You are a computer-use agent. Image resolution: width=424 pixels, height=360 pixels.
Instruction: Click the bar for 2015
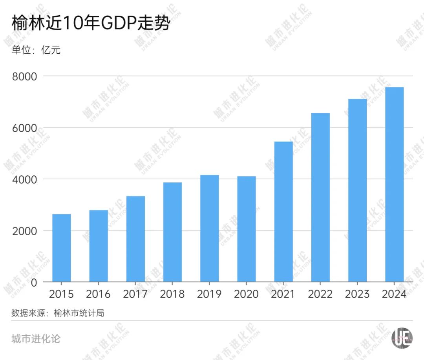coord(62,248)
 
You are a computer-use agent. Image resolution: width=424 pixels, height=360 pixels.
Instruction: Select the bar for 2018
coord(173,232)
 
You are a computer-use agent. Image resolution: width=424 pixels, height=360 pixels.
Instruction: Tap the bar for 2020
coord(247,229)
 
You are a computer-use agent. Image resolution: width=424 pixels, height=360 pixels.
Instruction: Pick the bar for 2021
coord(283,212)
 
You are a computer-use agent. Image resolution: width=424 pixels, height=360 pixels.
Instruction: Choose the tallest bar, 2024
coord(395,184)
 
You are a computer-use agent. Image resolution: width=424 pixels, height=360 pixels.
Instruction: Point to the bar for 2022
coord(320,197)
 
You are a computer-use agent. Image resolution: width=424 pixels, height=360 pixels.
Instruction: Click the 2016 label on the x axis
coord(99,294)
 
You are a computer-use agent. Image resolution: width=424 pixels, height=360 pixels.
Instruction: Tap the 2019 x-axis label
coord(210,294)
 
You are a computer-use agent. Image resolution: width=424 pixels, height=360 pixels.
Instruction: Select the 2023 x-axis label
coord(357,294)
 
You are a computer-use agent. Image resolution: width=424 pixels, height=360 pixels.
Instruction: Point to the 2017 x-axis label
coord(135,294)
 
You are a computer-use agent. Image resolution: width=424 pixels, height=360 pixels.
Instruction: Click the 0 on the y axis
coord(34,282)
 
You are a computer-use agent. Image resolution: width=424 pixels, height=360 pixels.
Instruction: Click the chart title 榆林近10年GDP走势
coord(91,24)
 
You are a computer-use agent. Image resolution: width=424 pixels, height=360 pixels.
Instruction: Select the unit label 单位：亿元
coord(36,50)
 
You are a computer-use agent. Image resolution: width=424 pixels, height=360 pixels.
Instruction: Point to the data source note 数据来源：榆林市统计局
coord(58,313)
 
